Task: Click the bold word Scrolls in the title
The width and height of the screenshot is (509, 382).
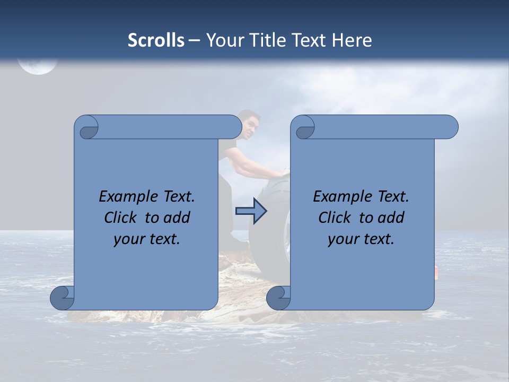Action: click(156, 40)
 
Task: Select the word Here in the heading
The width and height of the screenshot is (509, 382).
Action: click(352, 40)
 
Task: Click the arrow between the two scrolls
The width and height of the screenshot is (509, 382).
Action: click(251, 211)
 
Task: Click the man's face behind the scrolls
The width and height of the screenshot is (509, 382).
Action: click(251, 127)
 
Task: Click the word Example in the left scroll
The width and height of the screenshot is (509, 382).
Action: click(126, 197)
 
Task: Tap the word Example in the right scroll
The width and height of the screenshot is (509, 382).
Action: click(340, 197)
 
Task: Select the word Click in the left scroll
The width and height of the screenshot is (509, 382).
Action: click(120, 218)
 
